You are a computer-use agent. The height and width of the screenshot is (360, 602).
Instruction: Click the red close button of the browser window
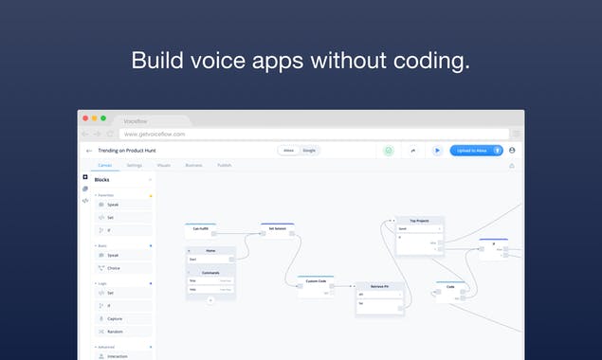tap(83, 118)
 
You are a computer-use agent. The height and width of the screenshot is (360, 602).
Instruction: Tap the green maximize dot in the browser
tap(103, 118)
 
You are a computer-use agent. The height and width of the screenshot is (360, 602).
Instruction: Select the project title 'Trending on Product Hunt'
tap(133, 151)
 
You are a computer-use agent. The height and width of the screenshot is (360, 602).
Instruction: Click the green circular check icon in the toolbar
tap(388, 151)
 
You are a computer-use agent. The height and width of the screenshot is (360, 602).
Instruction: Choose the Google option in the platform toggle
tap(309, 151)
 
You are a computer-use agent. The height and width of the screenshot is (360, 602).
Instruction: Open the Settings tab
tap(135, 165)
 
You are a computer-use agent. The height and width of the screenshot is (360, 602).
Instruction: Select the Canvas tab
tap(104, 165)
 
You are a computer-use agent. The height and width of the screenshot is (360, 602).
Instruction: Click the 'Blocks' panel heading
tap(102, 179)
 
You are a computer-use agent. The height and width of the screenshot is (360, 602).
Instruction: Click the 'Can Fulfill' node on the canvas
tap(200, 228)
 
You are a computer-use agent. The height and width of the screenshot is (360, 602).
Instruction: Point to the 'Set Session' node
tap(277, 228)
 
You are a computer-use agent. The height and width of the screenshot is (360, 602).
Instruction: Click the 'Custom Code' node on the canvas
tap(315, 281)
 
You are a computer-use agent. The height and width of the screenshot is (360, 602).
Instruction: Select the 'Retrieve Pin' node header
tap(379, 285)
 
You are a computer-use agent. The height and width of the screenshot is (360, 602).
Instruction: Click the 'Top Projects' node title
tap(419, 221)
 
